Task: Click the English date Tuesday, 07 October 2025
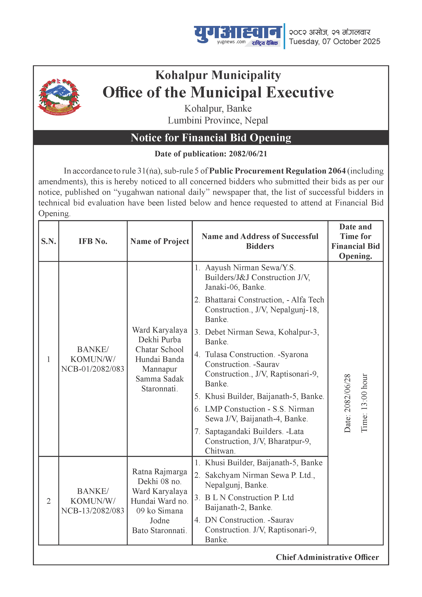click(335, 42)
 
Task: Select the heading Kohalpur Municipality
click(218, 75)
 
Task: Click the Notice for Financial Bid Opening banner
click(211, 138)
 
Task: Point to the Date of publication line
click(211, 154)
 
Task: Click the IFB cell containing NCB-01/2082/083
click(93, 359)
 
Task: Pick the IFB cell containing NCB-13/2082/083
click(93, 501)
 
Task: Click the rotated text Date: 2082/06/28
click(347, 403)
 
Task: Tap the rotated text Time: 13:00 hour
click(364, 403)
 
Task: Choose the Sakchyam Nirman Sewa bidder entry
click(260, 480)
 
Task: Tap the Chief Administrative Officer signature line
click(327, 557)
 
